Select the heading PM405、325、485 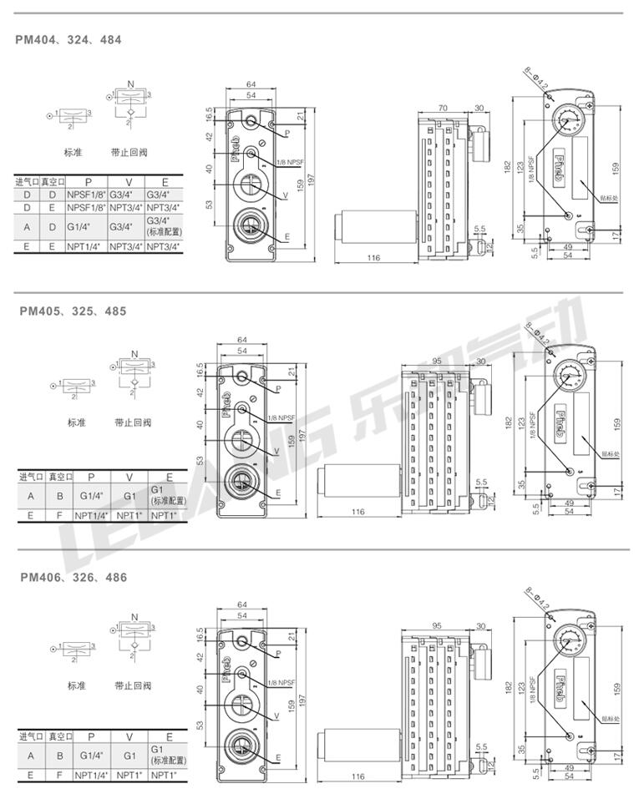coord(74,311)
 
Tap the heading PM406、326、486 coord(74,577)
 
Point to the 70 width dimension coord(443,108)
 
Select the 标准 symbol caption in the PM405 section coord(77,422)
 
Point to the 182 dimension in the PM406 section coord(510,687)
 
